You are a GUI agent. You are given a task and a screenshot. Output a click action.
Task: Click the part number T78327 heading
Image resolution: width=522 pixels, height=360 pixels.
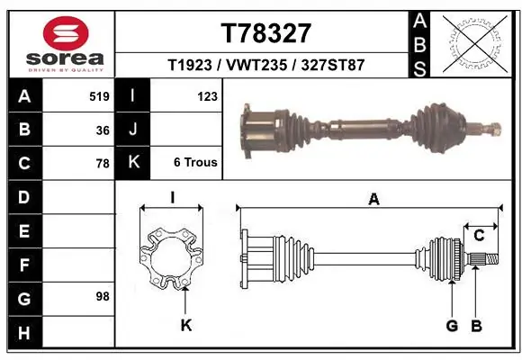click(x=265, y=33)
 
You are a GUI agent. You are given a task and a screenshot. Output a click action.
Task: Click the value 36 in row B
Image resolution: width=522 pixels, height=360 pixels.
click(x=102, y=130)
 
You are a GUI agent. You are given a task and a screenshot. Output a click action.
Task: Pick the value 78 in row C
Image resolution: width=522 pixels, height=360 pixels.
click(x=102, y=164)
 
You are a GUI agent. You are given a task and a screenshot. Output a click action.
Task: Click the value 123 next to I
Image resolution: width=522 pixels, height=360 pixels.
click(x=206, y=95)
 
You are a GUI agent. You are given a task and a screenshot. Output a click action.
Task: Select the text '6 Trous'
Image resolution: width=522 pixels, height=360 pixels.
click(x=195, y=163)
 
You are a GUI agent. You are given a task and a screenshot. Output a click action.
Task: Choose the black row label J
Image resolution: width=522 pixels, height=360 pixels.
click(x=133, y=130)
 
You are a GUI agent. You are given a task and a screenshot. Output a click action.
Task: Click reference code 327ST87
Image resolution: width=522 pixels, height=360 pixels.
click(x=332, y=66)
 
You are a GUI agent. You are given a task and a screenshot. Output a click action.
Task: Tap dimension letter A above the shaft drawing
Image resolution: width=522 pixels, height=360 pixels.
click(x=373, y=200)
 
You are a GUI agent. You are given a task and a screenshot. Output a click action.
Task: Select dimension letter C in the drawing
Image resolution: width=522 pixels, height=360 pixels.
click(x=480, y=236)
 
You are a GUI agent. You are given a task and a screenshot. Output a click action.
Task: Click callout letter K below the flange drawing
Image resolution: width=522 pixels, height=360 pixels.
click(x=186, y=325)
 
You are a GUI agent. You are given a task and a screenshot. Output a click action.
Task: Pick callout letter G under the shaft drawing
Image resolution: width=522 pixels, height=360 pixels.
click(x=452, y=325)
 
